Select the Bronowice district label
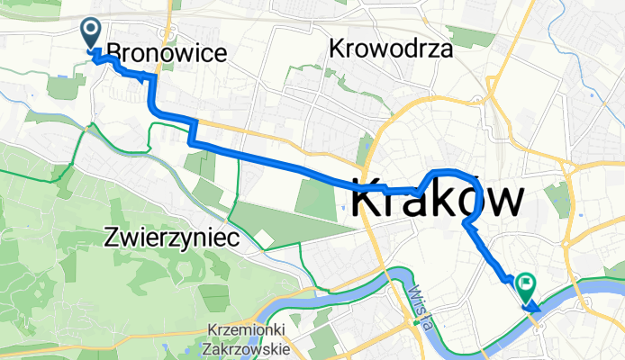(x=167, y=53)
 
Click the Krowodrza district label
(x=391, y=49)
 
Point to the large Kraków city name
(x=437, y=199)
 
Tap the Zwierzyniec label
(x=170, y=238)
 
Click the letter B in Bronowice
(x=113, y=53)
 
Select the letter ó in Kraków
(x=458, y=199)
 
